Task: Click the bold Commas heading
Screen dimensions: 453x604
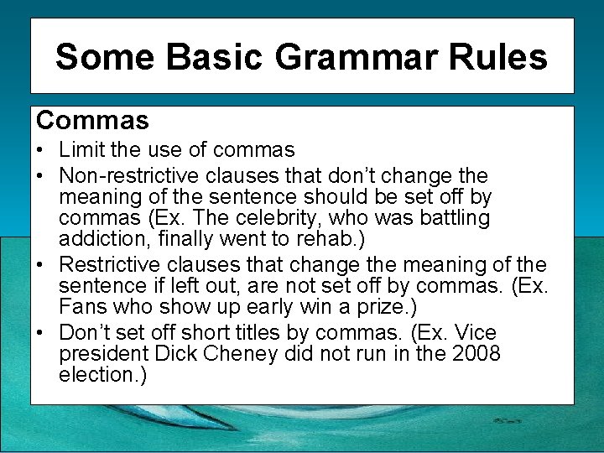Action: coord(92,121)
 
